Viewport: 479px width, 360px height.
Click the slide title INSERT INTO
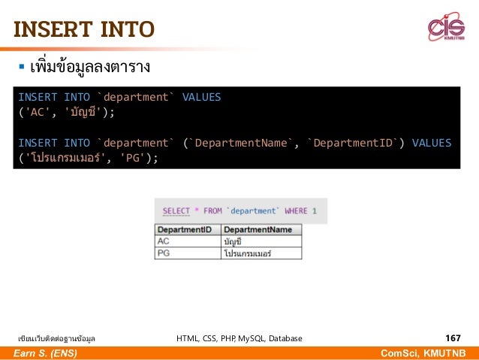point(84,29)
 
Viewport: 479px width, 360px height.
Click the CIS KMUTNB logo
point(446,28)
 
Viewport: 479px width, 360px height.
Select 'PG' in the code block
point(132,157)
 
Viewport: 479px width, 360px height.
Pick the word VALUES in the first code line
point(201,97)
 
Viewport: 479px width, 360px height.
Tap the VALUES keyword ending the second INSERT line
point(432,142)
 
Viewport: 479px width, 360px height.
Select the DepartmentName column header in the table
point(258,229)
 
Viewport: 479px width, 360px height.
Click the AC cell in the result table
point(164,241)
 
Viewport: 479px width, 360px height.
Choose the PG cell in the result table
point(164,253)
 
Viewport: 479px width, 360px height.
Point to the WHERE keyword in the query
point(296,211)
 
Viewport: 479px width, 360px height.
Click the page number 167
point(453,338)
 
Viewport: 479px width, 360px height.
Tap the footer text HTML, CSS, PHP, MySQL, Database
point(239,339)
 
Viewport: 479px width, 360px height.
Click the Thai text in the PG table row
point(247,253)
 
